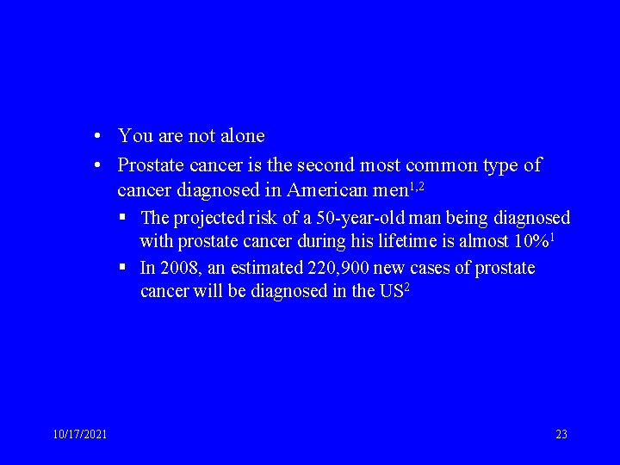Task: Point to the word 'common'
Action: (441, 164)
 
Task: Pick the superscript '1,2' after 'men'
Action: (417, 184)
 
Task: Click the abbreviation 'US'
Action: (390, 291)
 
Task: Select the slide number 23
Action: (561, 434)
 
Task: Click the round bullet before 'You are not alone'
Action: (101, 137)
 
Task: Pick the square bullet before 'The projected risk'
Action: (126, 217)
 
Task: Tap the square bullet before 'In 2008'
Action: (126, 268)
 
